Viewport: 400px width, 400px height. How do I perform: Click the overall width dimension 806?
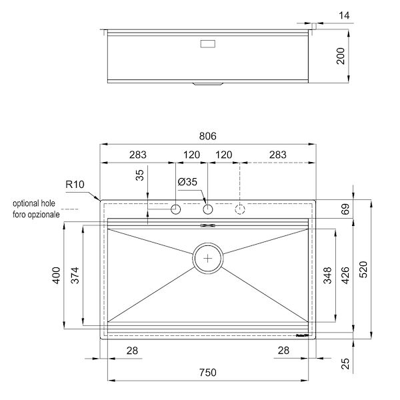207,136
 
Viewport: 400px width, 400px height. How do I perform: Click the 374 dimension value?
75,275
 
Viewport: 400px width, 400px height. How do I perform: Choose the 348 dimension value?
327,275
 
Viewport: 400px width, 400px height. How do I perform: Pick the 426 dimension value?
345,275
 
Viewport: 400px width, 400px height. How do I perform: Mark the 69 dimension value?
345,209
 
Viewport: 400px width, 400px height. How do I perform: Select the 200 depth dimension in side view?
341,57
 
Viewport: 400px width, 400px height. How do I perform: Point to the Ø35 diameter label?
187,182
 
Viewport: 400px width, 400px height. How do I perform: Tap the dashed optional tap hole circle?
239,209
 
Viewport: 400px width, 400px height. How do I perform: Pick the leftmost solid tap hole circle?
176,209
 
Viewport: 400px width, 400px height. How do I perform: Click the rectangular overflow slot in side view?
208,45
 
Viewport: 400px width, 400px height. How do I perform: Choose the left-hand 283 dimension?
137,155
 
